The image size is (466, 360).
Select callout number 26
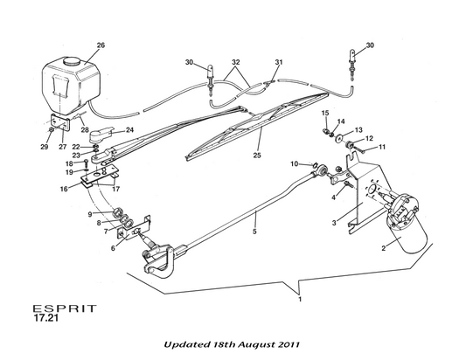101,45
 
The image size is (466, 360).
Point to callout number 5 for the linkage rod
254,231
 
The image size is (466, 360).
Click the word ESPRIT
65,308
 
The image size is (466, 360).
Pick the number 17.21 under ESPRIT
46,318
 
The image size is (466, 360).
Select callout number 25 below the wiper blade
257,155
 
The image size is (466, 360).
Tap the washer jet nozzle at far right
352,65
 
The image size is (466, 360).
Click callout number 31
279,62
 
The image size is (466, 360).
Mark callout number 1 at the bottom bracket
300,299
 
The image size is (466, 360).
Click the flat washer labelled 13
338,138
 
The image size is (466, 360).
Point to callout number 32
236,62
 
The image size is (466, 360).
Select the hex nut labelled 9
118,212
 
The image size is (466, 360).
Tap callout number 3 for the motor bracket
334,223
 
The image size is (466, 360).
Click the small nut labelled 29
51,130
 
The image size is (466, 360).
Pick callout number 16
64,189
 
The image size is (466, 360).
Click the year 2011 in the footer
289,344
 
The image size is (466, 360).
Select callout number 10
295,164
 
